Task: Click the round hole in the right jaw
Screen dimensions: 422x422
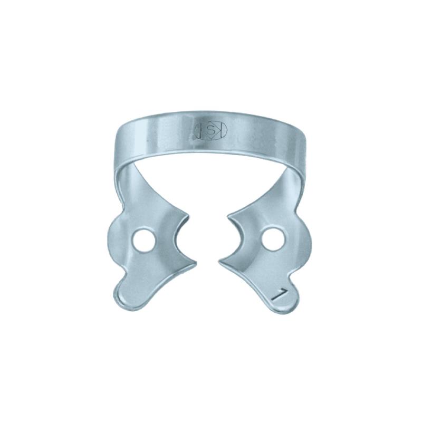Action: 272,239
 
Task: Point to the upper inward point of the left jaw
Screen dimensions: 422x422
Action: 187,217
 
